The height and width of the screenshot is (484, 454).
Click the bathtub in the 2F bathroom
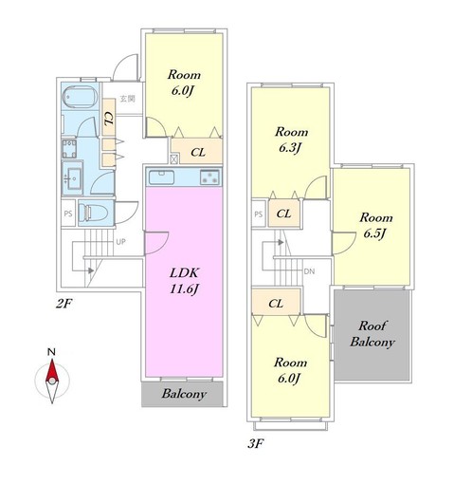coord(81,96)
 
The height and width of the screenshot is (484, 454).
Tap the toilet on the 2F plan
coord(91,213)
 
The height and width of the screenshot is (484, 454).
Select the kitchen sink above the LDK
coord(161,177)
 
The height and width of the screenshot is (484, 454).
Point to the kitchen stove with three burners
coord(209,177)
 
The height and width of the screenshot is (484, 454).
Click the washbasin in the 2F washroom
coord(73,178)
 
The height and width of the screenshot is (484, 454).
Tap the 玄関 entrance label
coord(127,99)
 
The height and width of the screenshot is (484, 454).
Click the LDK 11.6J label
coord(185,281)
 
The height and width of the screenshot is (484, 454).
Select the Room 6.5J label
coord(376,225)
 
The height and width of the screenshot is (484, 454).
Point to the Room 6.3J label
coord(291,140)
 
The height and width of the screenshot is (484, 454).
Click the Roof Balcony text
coord(372,334)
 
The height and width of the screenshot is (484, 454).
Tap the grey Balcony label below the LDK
coord(184,394)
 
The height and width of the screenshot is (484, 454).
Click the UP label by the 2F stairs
coord(120,242)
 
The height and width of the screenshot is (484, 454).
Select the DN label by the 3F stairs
coord(309,271)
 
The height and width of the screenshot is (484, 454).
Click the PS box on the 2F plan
coord(68,214)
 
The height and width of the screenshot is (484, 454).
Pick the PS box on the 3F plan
coord(259,214)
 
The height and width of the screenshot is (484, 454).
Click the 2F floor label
coord(64,304)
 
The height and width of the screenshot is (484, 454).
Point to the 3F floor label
coord(255,444)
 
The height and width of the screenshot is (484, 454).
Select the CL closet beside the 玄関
coord(109,118)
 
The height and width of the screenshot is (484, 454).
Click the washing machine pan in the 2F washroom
coord(69,148)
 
